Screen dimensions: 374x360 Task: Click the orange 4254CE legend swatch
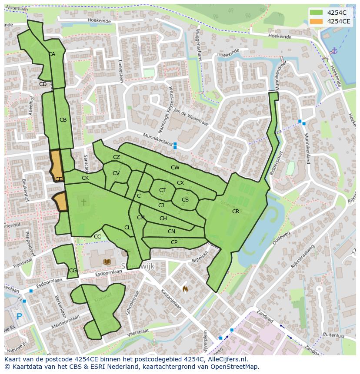tap(317, 21)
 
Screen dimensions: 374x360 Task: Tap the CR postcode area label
tap(236, 212)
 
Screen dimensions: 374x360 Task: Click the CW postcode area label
tap(175, 168)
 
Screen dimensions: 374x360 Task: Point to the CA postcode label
tap(52, 54)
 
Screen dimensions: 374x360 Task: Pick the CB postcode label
tap(63, 120)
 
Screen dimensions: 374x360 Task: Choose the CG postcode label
tap(73, 271)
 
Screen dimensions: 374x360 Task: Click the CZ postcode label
tap(117, 157)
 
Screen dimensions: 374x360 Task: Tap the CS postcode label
tap(185, 200)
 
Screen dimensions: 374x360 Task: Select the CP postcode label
tap(174, 242)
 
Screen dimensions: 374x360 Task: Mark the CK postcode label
tap(85, 178)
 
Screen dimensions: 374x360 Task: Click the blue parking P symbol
tap(19, 317)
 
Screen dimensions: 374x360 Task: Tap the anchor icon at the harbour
tap(334, 51)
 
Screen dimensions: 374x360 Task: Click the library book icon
tap(107, 261)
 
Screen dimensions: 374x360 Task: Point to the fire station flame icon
tap(185, 288)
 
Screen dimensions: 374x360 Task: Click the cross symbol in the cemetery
tap(83, 202)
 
